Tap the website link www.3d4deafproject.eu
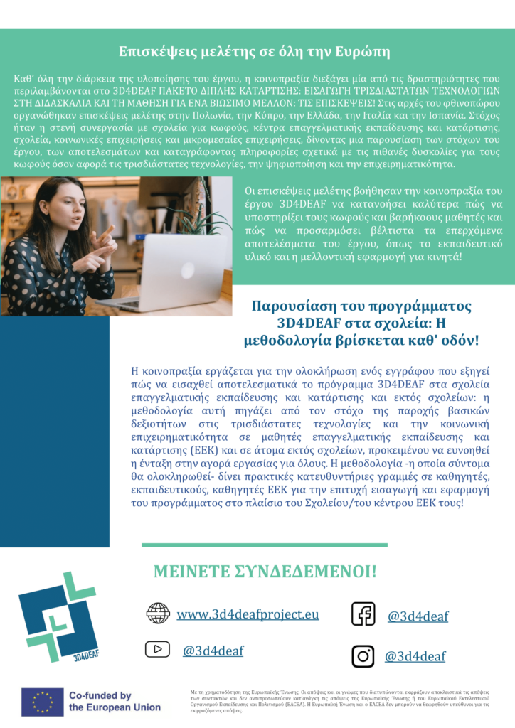pos(248,614)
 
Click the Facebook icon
pos(363,614)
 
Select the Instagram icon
pos(363,655)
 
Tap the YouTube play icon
pos(157,649)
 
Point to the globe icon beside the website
pos(157,613)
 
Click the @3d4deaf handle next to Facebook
pos(418,616)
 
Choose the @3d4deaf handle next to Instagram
pos(415,657)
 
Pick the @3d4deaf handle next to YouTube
pos(213,650)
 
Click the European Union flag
pos(42,702)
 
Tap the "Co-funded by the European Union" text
pos(114,702)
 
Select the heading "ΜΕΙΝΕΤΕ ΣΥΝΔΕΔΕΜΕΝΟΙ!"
pos(265,572)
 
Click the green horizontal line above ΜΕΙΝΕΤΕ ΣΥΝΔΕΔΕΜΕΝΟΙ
pos(265,545)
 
